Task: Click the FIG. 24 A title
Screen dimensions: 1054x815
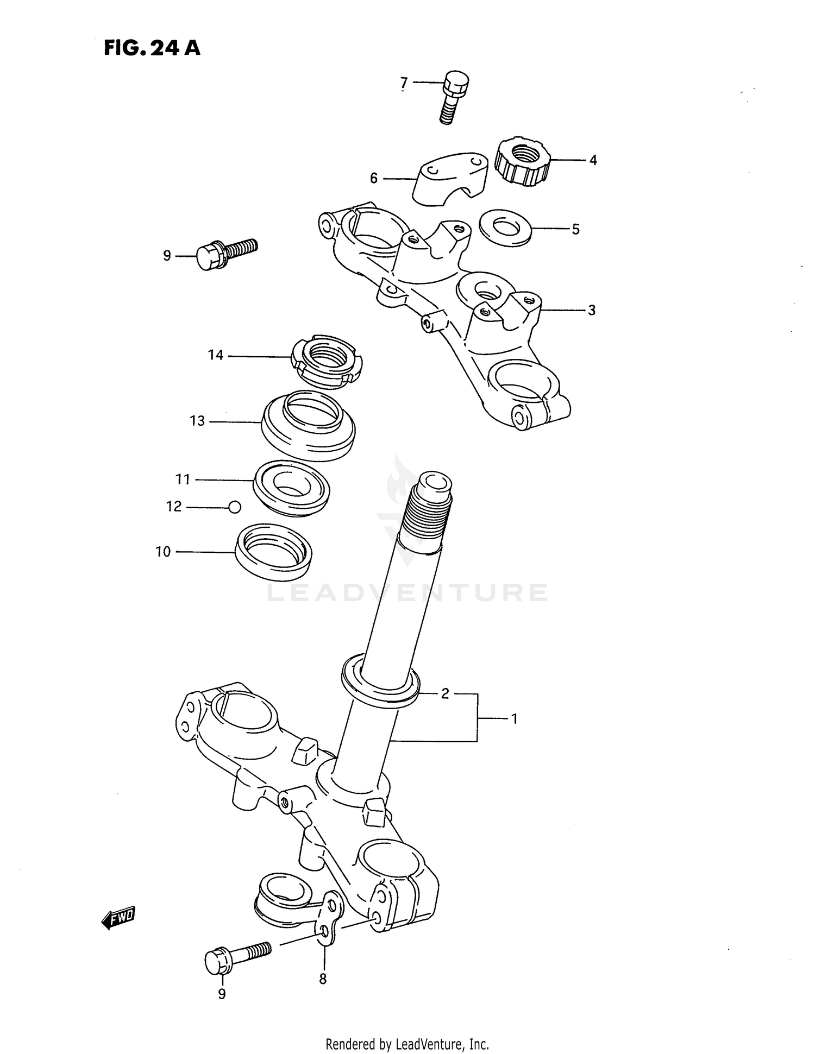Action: [x=152, y=48]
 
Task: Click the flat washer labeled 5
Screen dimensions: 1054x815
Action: [x=505, y=227]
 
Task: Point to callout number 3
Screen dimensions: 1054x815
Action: [x=591, y=310]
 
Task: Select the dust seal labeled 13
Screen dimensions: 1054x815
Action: [x=308, y=426]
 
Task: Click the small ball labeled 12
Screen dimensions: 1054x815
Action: [x=234, y=507]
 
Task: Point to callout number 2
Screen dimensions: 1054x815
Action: [x=445, y=693]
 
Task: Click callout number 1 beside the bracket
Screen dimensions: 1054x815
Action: [x=513, y=719]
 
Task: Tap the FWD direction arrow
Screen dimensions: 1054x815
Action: [x=118, y=918]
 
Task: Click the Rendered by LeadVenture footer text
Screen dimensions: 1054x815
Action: [x=407, y=1044]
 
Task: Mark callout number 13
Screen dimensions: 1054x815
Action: [x=197, y=421]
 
